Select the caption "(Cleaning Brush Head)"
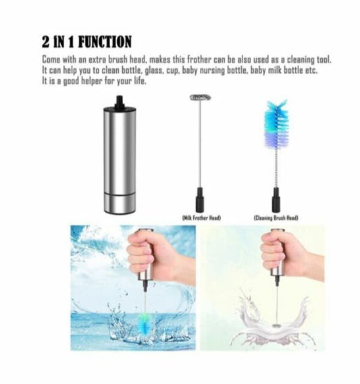pyautogui.click(x=276, y=217)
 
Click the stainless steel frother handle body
pyautogui.click(x=118, y=158)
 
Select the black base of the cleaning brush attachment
pyautogui.click(x=276, y=199)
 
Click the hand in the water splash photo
pyautogui.click(x=147, y=257)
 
